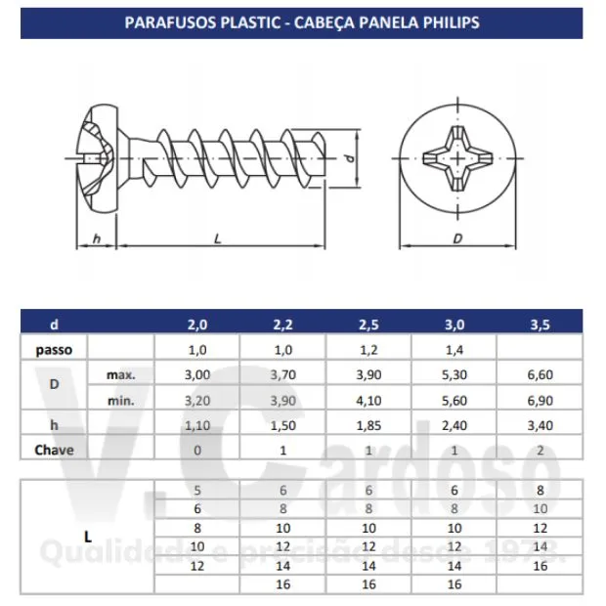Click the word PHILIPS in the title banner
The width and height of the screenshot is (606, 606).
(451, 22)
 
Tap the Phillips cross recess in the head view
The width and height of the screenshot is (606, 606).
(458, 158)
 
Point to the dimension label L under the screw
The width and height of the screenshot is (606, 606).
(218, 238)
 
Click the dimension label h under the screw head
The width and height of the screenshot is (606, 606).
(97, 238)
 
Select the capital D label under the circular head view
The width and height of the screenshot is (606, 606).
(457, 238)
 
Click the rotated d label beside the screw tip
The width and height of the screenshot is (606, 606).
(349, 158)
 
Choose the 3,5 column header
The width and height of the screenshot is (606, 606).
(540, 325)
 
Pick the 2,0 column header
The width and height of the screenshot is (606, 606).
(197, 325)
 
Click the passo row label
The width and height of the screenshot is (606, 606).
(54, 350)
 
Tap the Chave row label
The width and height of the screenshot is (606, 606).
(54, 450)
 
